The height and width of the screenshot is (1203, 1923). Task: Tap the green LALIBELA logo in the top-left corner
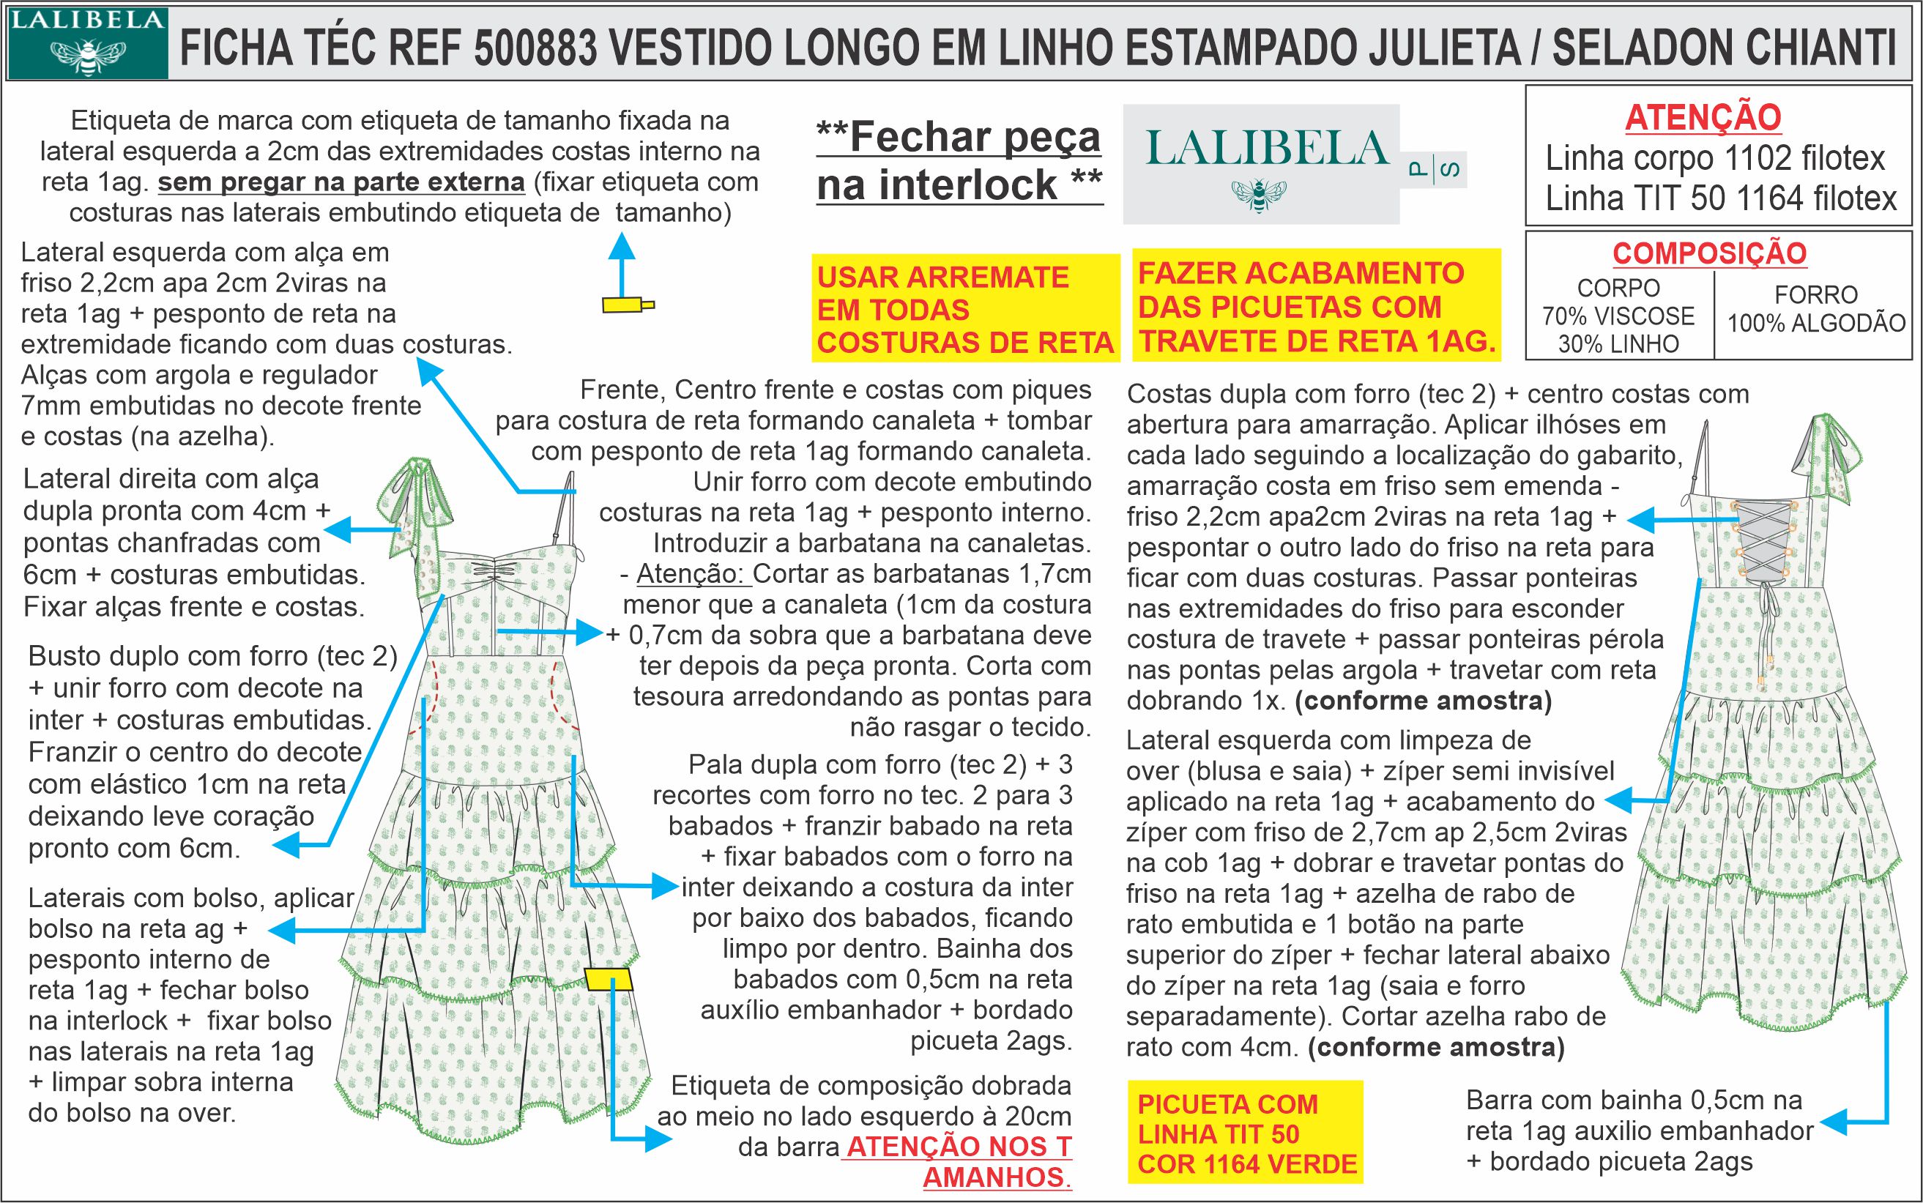pos(88,44)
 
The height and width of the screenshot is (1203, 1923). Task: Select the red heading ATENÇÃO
pos(1703,119)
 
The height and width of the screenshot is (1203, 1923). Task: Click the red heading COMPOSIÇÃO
pos(1710,254)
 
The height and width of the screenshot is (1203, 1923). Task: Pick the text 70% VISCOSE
pos(1618,316)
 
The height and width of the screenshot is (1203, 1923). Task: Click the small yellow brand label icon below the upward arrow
pos(628,304)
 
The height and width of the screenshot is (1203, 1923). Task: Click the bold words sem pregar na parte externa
pos(341,182)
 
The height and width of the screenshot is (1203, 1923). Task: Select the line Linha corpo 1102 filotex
pos(1714,159)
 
